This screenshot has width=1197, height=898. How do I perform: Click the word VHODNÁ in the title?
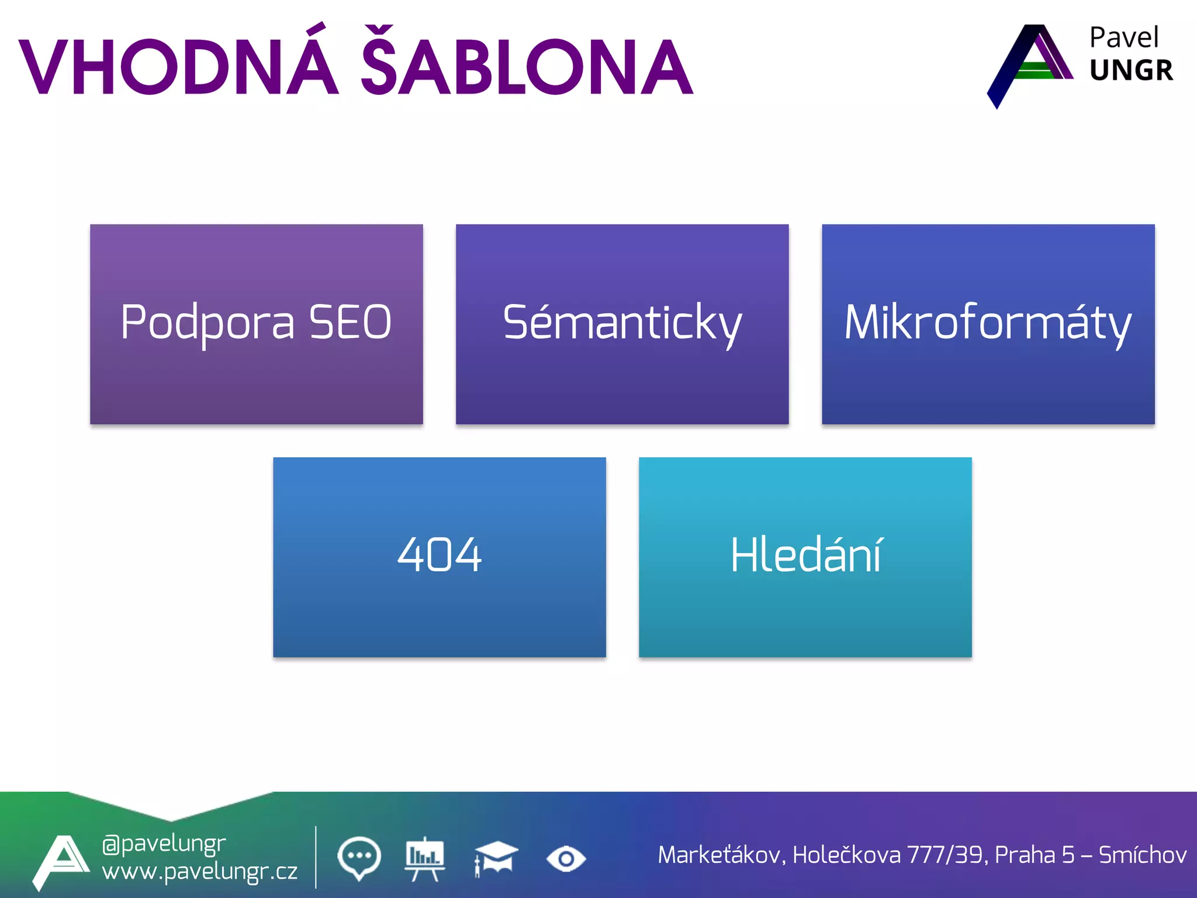pos(179,65)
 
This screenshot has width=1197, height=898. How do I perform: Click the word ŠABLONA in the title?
pos(526,65)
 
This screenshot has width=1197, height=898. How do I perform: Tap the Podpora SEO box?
pos(256,324)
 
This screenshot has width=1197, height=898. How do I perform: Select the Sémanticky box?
pos(622,324)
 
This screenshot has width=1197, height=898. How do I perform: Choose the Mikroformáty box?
pos(988,324)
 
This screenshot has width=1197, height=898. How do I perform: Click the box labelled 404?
pos(439,557)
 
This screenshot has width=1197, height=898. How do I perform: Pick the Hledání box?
pos(805,557)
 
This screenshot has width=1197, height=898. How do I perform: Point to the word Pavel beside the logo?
pos(1123,39)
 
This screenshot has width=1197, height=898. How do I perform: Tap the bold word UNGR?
pos(1131,71)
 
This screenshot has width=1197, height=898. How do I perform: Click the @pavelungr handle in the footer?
pos(164,844)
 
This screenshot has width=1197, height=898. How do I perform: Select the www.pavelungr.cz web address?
pos(199,872)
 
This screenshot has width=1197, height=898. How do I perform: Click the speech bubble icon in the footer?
pos(359,858)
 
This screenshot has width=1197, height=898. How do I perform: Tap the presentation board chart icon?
pos(425,858)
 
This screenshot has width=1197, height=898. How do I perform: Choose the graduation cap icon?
pos(496,858)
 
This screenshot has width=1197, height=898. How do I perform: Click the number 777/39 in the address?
pos(947,855)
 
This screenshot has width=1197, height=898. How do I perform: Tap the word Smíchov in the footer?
pos(1143,855)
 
